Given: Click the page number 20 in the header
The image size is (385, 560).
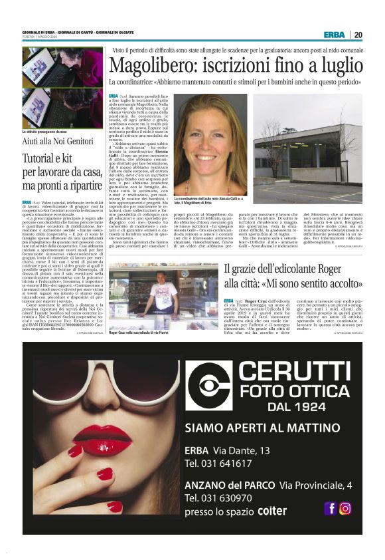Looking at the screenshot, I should pyautogui.click(x=358, y=35).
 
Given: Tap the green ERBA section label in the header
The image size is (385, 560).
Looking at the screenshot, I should pyautogui.click(x=334, y=35).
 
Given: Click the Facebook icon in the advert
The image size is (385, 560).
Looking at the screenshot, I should pyautogui.click(x=329, y=509).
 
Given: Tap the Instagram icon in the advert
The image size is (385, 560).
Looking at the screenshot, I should pyautogui.click(x=345, y=509).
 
